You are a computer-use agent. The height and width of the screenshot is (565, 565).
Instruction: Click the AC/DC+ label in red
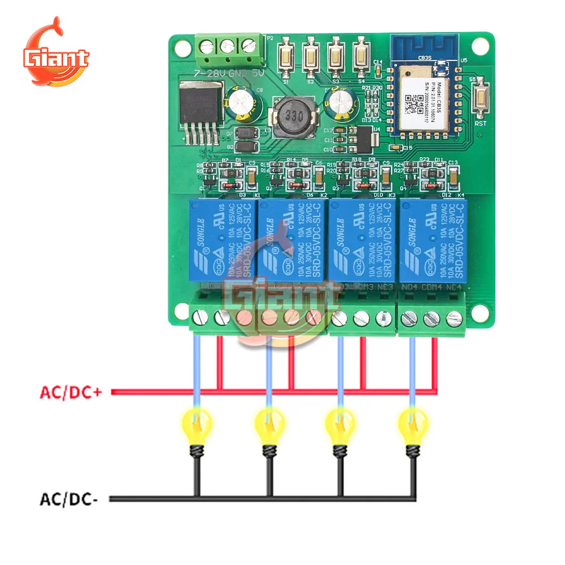pos(71,392)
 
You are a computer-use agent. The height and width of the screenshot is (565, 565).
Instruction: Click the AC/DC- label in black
pos(69,499)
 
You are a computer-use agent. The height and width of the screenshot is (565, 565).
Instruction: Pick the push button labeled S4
pos(360,56)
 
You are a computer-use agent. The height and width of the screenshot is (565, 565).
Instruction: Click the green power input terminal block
pos(229,46)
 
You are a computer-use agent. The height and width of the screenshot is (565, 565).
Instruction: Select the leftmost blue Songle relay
pos(221,240)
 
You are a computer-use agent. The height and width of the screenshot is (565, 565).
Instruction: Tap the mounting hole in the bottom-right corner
pos(481,313)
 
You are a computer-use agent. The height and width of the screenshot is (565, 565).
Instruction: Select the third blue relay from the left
pos(362,240)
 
